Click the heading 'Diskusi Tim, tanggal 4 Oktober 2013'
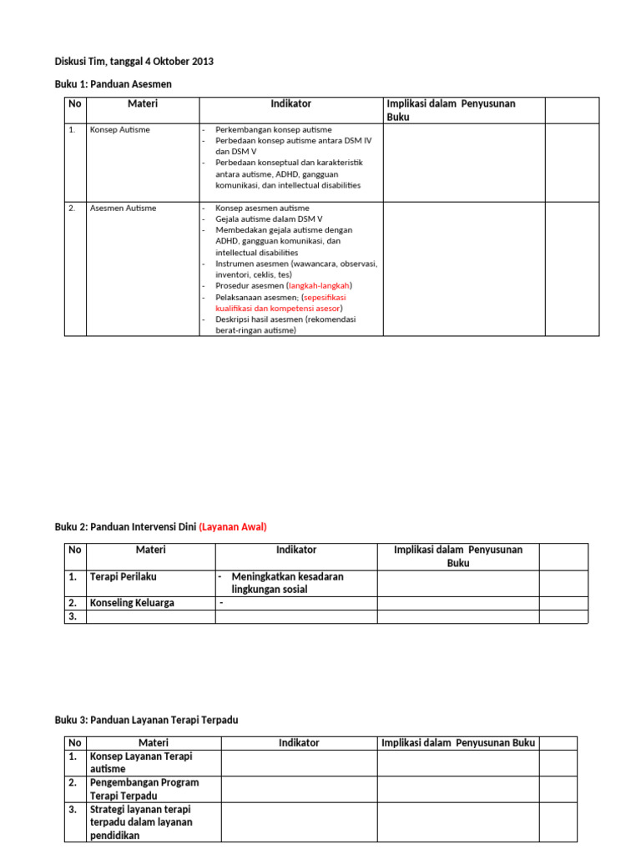[134, 62]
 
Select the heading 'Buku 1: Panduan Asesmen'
[114, 84]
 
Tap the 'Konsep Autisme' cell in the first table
[120, 130]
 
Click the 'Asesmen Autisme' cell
[123, 208]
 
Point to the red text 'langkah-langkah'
[319, 285]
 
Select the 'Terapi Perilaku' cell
[123, 576]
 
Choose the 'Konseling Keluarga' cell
[132, 603]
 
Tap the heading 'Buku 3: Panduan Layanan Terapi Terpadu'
[152, 720]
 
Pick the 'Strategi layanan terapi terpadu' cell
[141, 822]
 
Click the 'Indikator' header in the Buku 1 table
[291, 103]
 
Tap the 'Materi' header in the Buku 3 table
[153, 743]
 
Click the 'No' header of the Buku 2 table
[75, 550]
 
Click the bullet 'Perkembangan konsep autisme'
[273, 130]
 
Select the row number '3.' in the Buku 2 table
[73, 616]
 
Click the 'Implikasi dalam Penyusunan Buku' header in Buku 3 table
[458, 743]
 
